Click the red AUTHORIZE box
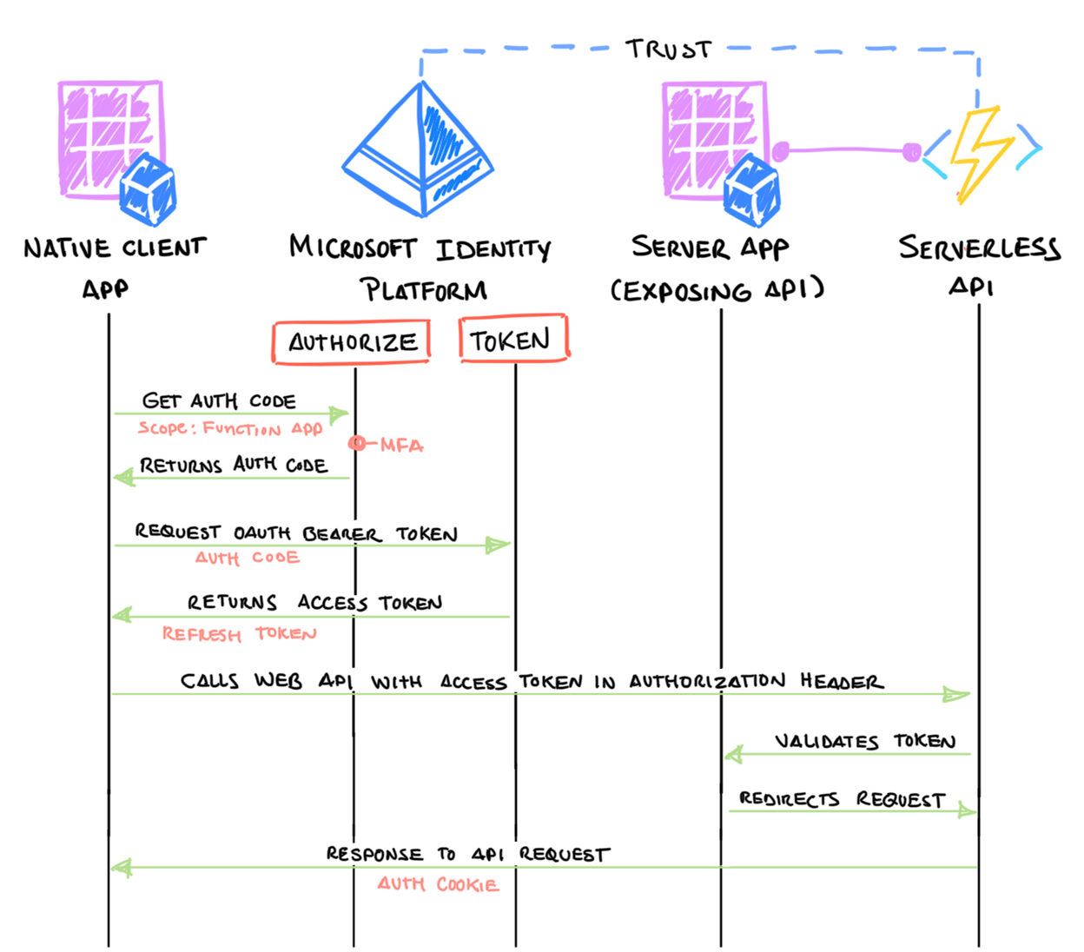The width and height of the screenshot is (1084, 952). [351, 342]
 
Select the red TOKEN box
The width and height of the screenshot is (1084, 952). [512, 339]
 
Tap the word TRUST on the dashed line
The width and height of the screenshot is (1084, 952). [668, 50]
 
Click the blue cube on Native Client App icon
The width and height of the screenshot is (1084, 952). [148, 190]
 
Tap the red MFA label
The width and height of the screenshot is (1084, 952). [400, 446]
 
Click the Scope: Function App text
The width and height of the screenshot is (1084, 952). [230, 428]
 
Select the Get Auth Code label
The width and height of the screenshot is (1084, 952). [219, 401]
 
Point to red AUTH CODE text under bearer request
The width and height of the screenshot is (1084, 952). [248, 558]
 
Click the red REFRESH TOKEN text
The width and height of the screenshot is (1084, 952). [239, 634]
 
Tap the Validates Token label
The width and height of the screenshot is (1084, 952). [864, 741]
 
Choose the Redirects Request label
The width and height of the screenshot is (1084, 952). [841, 799]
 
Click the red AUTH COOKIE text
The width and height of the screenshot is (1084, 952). [438, 884]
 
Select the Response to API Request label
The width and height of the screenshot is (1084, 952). [467, 855]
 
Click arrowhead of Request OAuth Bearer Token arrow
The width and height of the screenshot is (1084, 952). [499, 545]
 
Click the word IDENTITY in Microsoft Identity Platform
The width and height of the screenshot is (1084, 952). [492, 250]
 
